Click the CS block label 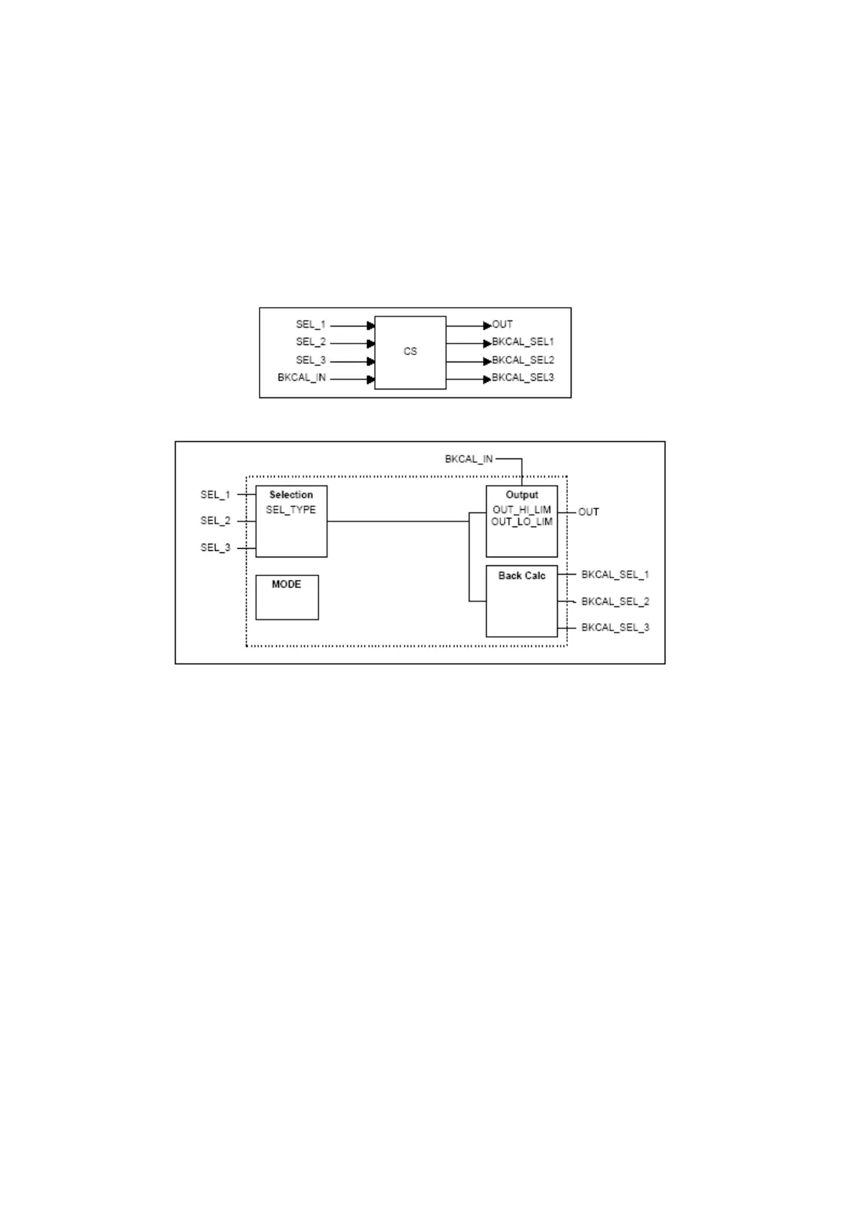[410, 351]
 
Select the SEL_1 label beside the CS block [310, 325]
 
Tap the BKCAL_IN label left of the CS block [302, 378]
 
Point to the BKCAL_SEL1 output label [523, 342]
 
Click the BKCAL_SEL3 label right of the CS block [523, 378]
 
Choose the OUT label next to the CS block [503, 325]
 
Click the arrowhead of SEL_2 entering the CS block [371, 344]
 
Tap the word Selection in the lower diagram [291, 495]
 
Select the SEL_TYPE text [290, 510]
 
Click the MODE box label [286, 585]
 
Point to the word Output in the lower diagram [522, 495]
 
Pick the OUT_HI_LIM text [522, 510]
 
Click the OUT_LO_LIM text [522, 522]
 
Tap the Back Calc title [522, 576]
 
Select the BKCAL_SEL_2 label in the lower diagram [615, 601]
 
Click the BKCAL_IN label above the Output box [469, 459]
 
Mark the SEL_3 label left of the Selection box [216, 548]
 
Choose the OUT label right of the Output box [589, 512]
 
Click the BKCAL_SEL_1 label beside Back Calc [615, 575]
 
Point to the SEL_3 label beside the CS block [310, 360]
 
